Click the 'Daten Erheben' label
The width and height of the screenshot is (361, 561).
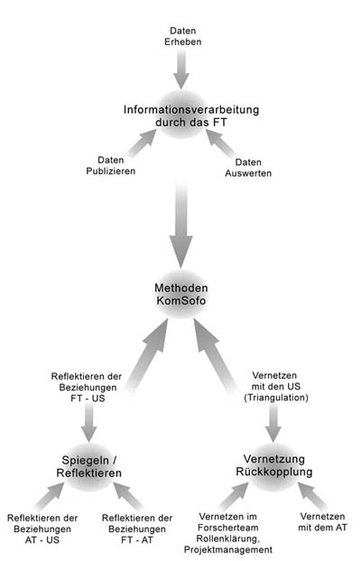click(182, 36)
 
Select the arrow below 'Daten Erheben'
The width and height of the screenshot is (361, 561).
click(181, 69)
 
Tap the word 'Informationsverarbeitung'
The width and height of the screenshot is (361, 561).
click(191, 109)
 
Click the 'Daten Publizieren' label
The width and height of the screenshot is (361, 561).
click(111, 165)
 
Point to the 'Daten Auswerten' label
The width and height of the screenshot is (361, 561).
click(248, 168)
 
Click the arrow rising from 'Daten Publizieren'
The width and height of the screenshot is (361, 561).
click(142, 143)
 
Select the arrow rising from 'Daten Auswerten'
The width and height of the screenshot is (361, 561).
click(220, 143)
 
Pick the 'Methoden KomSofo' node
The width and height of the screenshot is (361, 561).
click(181, 294)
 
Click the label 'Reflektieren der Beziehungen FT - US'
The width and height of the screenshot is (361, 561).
click(87, 387)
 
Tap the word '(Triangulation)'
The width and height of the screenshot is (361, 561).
click(276, 397)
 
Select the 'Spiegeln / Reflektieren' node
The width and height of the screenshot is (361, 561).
click(89, 466)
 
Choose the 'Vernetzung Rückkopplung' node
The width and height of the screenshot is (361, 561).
click(274, 465)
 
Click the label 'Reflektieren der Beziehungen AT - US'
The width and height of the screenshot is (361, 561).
click(42, 529)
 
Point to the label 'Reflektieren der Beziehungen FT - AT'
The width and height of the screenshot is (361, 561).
click(137, 529)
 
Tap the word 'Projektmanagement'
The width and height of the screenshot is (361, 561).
click(228, 549)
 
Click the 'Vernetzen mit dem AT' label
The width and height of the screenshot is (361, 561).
click(323, 521)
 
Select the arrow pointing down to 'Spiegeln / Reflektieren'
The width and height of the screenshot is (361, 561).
click(88, 422)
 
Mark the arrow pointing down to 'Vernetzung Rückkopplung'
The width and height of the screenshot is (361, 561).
click(273, 422)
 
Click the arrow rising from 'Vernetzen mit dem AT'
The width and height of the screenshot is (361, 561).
click(312, 496)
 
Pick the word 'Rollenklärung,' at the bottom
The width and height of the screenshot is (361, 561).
click(228, 538)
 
